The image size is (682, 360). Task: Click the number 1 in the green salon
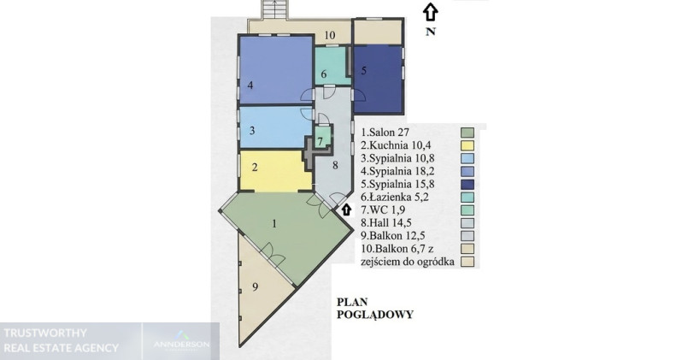274,224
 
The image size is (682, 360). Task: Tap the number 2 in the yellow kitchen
255,167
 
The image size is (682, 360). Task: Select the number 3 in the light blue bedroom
252,130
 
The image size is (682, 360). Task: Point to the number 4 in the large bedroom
250,85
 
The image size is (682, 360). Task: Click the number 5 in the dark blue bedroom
364,70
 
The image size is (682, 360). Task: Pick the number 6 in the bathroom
324,74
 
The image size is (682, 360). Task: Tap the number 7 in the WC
320,141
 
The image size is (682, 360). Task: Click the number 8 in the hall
335,165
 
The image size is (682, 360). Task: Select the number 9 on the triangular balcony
256,286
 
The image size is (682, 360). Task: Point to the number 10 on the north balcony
330,35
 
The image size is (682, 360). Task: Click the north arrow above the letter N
430,12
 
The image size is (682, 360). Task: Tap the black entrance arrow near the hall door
346,210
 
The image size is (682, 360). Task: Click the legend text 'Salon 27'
385,132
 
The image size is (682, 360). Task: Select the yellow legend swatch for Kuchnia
467,145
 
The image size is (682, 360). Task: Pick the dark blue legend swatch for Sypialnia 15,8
467,184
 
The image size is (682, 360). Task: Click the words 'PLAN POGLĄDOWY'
375,308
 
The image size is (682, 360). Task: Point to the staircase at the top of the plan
274,9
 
